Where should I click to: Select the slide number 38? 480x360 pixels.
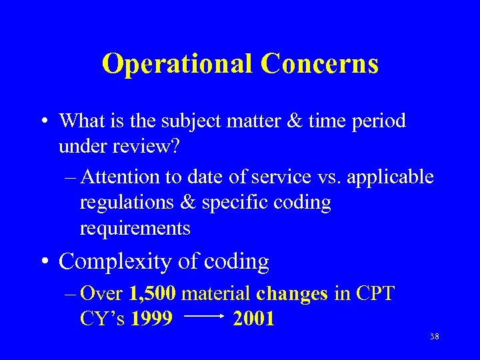point(434,337)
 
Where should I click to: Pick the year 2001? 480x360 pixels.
point(254,319)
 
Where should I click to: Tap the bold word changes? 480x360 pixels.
point(292,293)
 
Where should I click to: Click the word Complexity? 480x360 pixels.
point(115,262)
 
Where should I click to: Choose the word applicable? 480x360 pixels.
point(393,177)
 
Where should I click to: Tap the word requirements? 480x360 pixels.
point(135,229)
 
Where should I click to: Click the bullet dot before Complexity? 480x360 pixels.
point(48,262)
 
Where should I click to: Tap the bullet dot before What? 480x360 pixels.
point(48,121)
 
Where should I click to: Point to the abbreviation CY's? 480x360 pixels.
point(103,319)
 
